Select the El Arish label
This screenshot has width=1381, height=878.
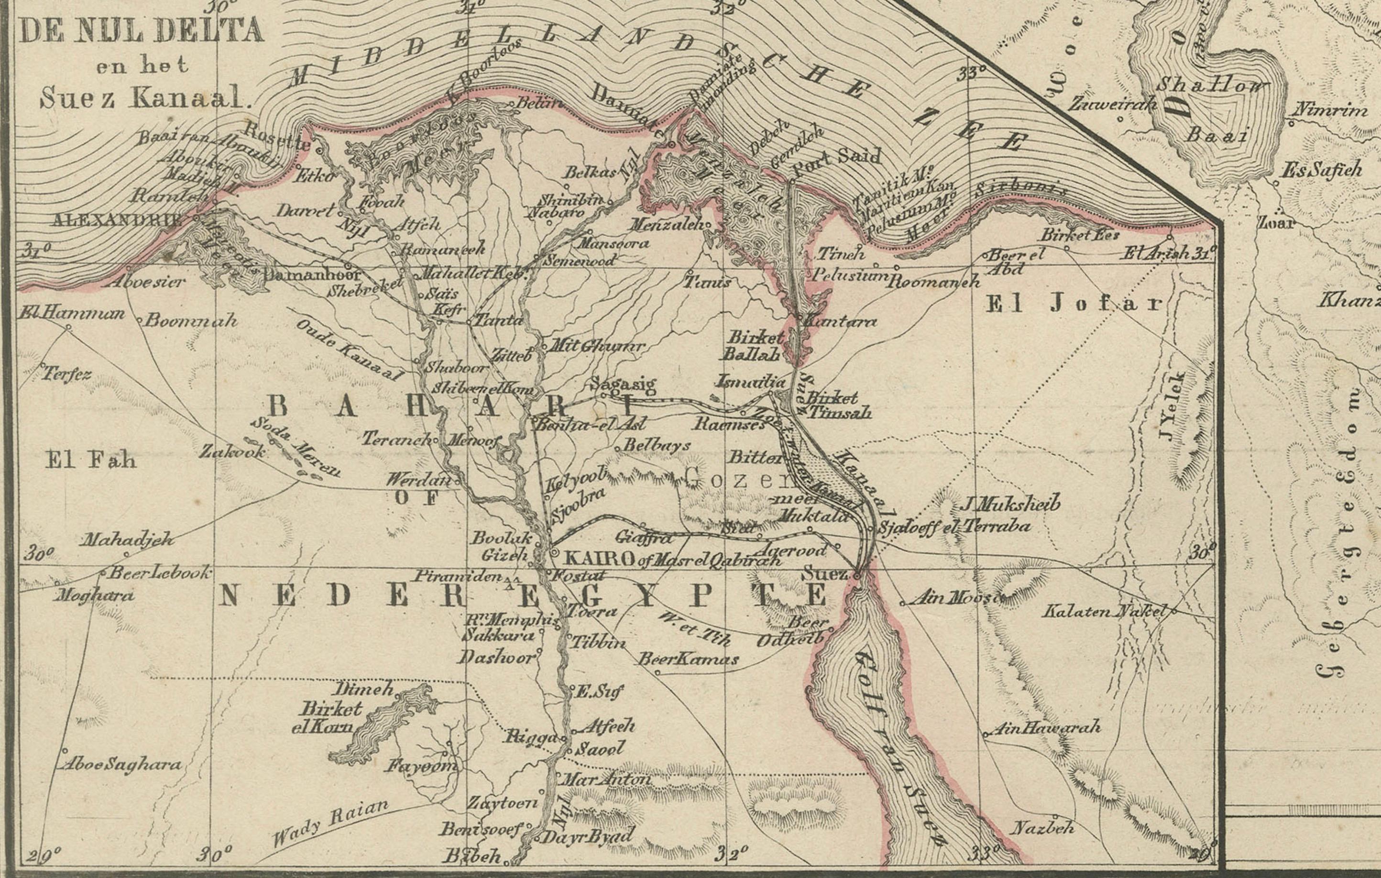pos(1155,253)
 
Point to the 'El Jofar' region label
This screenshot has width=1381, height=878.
pos(1073,304)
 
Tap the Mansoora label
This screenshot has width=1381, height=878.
pos(613,243)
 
